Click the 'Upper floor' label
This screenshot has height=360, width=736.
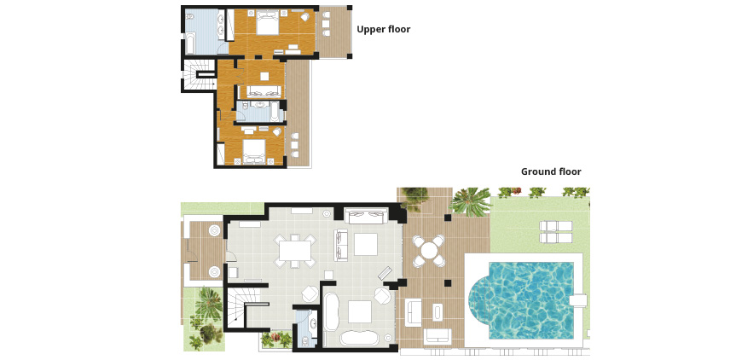pyautogui.click(x=384, y=30)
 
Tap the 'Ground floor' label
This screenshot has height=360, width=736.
pyautogui.click(x=551, y=171)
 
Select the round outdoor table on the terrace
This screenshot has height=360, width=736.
pyautogui.click(x=428, y=250)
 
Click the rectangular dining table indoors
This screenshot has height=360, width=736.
pyautogui.click(x=295, y=250)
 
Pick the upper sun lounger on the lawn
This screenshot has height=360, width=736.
pyautogui.click(x=556, y=226)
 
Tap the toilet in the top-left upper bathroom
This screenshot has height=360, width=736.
pyautogui.click(x=190, y=17)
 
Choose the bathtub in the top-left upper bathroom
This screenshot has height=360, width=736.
pyautogui.click(x=190, y=43)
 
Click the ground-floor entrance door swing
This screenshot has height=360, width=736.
pyautogui.click(x=231, y=256)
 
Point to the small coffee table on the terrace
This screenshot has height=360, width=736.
pyautogui.click(x=438, y=312)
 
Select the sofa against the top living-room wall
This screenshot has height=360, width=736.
pyautogui.click(x=366, y=216)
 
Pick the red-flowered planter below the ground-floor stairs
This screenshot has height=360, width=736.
pyautogui.click(x=276, y=339)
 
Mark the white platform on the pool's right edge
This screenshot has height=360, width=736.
pyautogui.click(x=579, y=300)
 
